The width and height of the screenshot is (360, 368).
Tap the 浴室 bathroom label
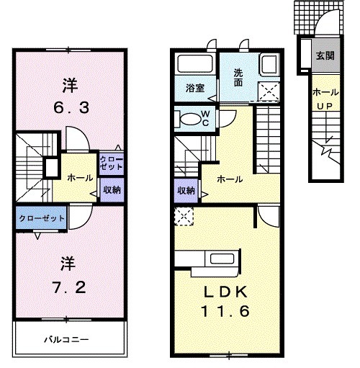[x=195, y=89]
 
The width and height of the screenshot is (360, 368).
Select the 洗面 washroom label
[x=238, y=76]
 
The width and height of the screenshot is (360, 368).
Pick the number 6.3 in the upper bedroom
[x=70, y=109]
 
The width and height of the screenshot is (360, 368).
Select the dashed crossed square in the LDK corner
[x=181, y=215]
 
